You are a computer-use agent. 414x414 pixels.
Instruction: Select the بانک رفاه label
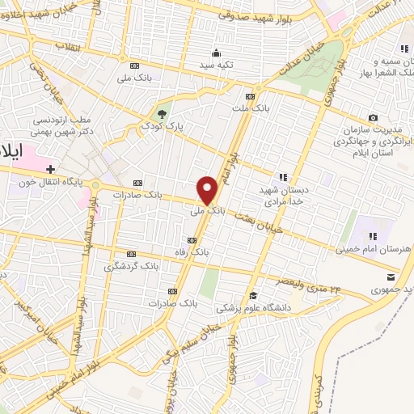(x=192, y=252)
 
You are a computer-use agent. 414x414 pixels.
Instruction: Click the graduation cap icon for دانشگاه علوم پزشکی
(x=253, y=294)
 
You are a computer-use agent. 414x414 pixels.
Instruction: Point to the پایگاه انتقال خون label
(x=53, y=182)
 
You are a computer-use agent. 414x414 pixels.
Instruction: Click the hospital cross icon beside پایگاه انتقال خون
(x=51, y=169)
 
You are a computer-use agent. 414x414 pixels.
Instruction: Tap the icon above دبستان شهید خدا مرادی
(x=283, y=176)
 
